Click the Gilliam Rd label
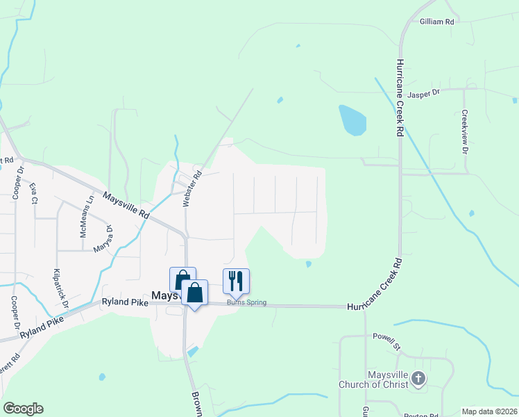436,22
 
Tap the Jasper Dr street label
424,94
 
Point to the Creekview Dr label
465,132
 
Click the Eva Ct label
33,193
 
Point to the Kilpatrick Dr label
61,288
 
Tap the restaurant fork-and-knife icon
236,281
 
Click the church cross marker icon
417,379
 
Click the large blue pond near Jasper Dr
352,120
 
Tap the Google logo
23,409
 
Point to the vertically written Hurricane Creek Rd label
400,97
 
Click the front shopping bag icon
195,292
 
